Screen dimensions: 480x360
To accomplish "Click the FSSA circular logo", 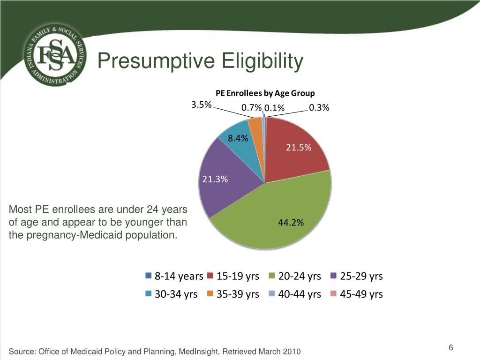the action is (x=55, y=54).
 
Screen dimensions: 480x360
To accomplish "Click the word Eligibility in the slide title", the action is (x=262, y=61).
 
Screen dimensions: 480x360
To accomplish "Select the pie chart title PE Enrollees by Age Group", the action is (x=265, y=93).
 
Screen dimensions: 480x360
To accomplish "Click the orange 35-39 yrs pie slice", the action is (x=256, y=128).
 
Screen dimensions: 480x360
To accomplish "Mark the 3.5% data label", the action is (x=202, y=105).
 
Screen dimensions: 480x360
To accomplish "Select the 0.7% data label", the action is (x=252, y=108).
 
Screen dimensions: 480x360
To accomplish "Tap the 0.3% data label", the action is (x=319, y=108).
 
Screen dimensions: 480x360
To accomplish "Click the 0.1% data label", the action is (x=274, y=108).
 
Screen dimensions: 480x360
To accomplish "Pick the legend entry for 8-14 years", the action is (x=174, y=276).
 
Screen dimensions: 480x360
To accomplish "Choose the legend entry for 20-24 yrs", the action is (x=295, y=276).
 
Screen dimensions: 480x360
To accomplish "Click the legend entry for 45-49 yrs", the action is (x=357, y=294).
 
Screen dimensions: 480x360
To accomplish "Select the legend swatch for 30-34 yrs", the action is (x=149, y=293).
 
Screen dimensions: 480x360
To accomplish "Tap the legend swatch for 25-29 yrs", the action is (x=334, y=276).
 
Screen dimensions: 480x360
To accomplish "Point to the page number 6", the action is (x=450, y=347).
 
